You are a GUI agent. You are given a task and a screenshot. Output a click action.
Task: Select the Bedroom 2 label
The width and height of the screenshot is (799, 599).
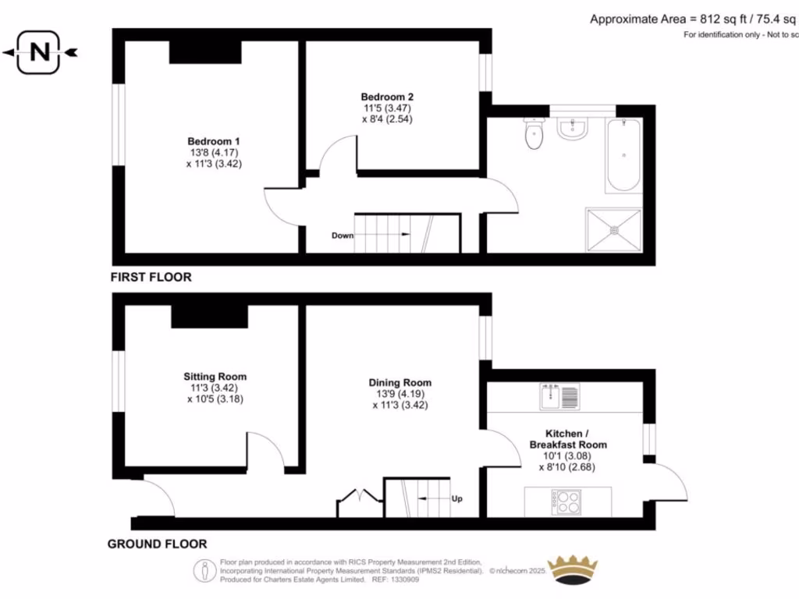387,97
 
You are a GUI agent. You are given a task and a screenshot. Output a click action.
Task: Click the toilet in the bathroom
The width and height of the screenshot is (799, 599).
534,134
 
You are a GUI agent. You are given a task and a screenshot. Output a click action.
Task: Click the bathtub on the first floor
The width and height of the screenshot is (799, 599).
623,155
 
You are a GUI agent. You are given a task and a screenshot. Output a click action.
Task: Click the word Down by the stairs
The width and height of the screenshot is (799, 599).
343,235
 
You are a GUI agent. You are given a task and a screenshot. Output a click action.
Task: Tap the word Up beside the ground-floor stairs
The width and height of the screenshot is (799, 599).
456,498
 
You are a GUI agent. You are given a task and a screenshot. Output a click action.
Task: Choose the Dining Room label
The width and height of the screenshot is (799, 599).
399,383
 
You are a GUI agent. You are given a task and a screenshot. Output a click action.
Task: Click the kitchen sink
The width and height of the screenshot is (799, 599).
559,397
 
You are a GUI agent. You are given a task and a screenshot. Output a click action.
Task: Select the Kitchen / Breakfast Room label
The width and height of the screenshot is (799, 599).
574,438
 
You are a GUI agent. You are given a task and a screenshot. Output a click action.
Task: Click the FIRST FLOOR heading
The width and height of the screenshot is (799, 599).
151,277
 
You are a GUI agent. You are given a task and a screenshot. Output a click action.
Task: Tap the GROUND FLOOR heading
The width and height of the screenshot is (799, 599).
157,544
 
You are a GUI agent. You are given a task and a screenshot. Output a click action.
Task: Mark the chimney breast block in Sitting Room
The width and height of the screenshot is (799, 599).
209,317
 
